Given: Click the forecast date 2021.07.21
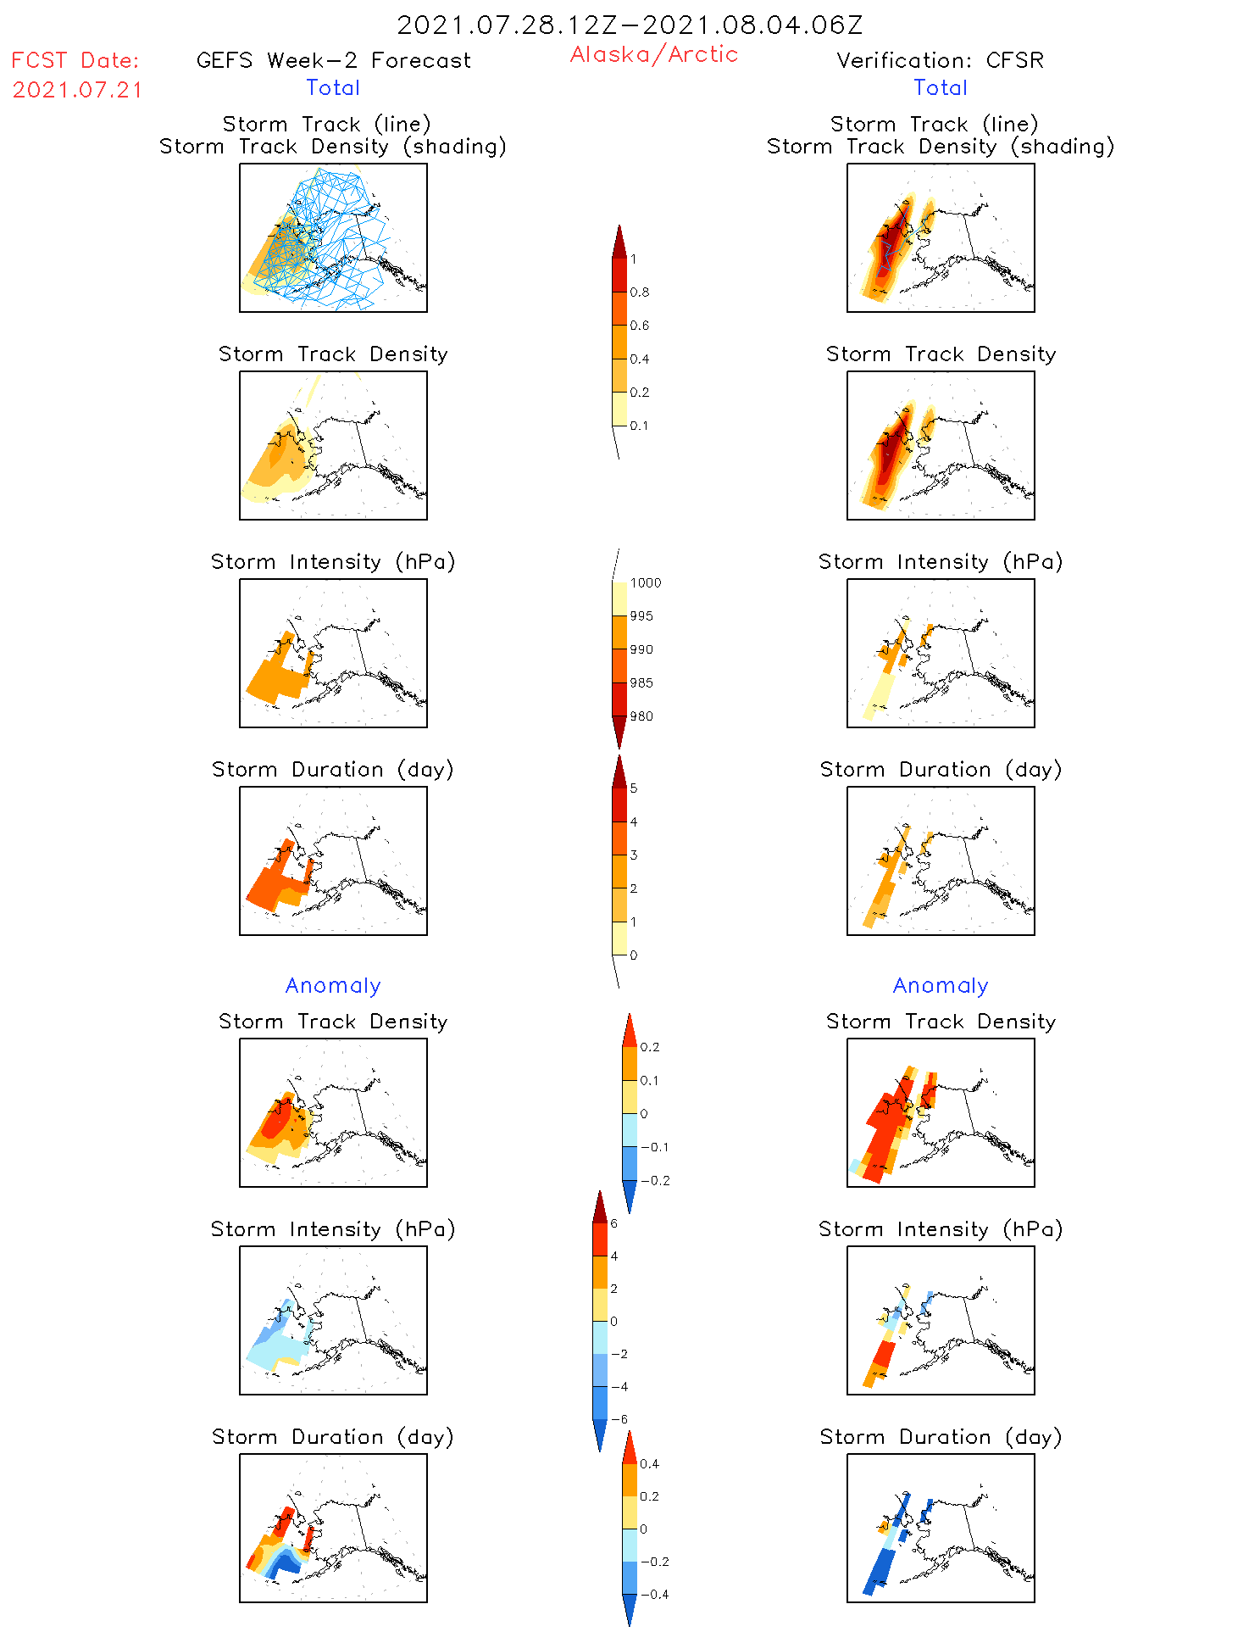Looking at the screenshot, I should tap(77, 90).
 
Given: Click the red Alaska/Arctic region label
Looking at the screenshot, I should tap(653, 54).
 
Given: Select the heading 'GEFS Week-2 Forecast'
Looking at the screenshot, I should tap(333, 60).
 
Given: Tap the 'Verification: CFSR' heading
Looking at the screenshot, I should tap(940, 60).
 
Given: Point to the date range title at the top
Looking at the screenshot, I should tap(630, 25).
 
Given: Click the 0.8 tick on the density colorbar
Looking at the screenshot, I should tap(639, 292).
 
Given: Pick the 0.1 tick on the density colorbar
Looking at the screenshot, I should tap(639, 426).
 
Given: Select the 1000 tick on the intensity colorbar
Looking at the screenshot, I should tap(645, 583).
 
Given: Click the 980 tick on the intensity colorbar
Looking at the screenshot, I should tap(641, 716).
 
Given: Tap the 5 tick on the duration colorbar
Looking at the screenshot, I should tap(633, 788).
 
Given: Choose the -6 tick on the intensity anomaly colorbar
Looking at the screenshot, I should tap(619, 1419).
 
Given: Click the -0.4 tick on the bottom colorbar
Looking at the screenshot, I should tap(654, 1594).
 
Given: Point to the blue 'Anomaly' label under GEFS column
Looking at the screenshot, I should tap(333, 985).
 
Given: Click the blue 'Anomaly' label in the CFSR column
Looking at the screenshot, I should tap(941, 985).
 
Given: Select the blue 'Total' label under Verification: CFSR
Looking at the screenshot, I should tap(941, 87).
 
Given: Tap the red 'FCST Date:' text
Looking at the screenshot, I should tap(75, 60).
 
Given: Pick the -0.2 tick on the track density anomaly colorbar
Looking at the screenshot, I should tap(655, 1181).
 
